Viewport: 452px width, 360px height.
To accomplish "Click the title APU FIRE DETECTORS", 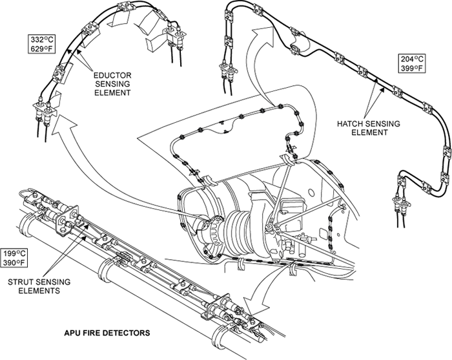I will [108, 333].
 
